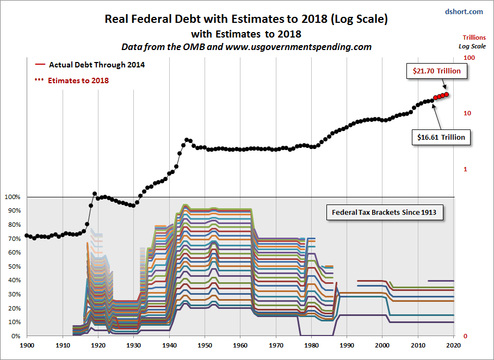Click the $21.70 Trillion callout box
[436, 71]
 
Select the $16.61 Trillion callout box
[441, 137]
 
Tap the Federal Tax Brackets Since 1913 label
[384, 212]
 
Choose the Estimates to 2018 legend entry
[78, 80]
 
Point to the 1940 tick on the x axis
[169, 345]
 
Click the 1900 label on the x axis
[27, 345]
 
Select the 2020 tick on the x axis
[453, 345]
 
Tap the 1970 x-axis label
[276, 345]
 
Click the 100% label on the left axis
[12, 197]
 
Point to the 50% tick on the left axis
[13, 266]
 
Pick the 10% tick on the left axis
[13, 322]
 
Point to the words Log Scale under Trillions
[471, 46]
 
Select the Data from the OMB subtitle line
[246, 47]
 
